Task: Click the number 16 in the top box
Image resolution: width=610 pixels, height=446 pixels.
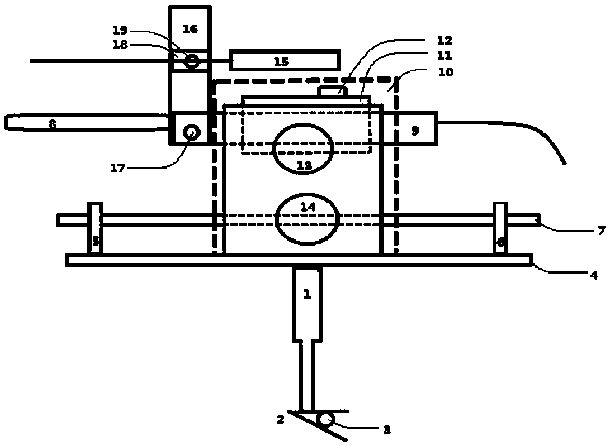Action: pos(190,30)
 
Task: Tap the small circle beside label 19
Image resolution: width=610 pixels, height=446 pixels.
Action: pos(192,60)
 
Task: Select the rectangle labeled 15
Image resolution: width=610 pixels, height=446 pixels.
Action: pos(284,60)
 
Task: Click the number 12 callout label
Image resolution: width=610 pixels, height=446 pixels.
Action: pos(445,41)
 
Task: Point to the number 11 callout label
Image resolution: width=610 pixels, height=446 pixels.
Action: pos(445,56)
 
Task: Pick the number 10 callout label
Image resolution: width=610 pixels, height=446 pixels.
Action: pos(445,72)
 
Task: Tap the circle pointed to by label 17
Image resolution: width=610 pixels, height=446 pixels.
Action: pos(192,132)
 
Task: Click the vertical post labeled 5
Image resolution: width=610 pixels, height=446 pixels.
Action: pos(96,229)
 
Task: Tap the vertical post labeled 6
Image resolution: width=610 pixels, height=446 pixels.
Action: pos(500,229)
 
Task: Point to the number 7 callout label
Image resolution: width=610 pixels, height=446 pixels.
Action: pos(600,229)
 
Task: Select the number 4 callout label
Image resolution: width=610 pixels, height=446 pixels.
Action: pos(594,275)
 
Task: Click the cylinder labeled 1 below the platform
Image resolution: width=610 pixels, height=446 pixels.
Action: pos(307,304)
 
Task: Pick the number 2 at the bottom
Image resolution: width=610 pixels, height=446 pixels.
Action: pos(281,418)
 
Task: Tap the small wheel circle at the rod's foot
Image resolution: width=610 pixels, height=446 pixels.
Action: pos(323,419)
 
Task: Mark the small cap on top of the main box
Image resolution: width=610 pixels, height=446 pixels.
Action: pos(333,90)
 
